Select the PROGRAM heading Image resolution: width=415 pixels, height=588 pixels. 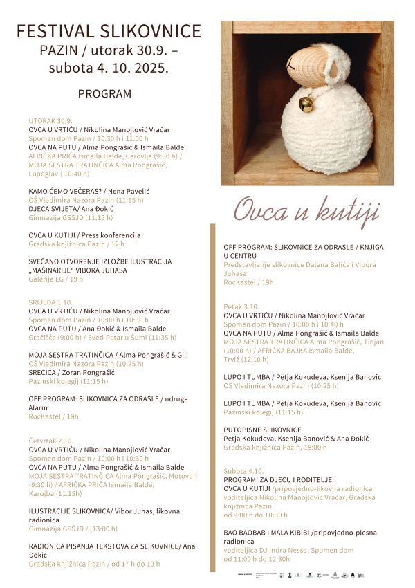[104, 93]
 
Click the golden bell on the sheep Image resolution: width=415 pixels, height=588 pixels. [305, 104]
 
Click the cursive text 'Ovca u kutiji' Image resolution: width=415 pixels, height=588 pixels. [306, 210]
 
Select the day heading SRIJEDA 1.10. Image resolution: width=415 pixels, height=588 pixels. [50, 302]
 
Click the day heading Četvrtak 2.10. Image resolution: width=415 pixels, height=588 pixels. [51, 441]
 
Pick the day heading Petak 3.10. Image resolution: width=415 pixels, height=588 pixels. [241, 306]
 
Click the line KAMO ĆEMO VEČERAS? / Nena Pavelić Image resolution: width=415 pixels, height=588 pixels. [89, 191]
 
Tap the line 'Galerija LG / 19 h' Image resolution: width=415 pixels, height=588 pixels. [56, 279]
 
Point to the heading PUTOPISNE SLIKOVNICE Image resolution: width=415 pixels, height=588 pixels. [262, 430]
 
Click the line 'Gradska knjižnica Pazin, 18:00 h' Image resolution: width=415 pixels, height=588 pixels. [275, 448]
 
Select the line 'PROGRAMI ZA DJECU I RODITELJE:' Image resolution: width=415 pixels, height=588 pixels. [279, 479]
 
